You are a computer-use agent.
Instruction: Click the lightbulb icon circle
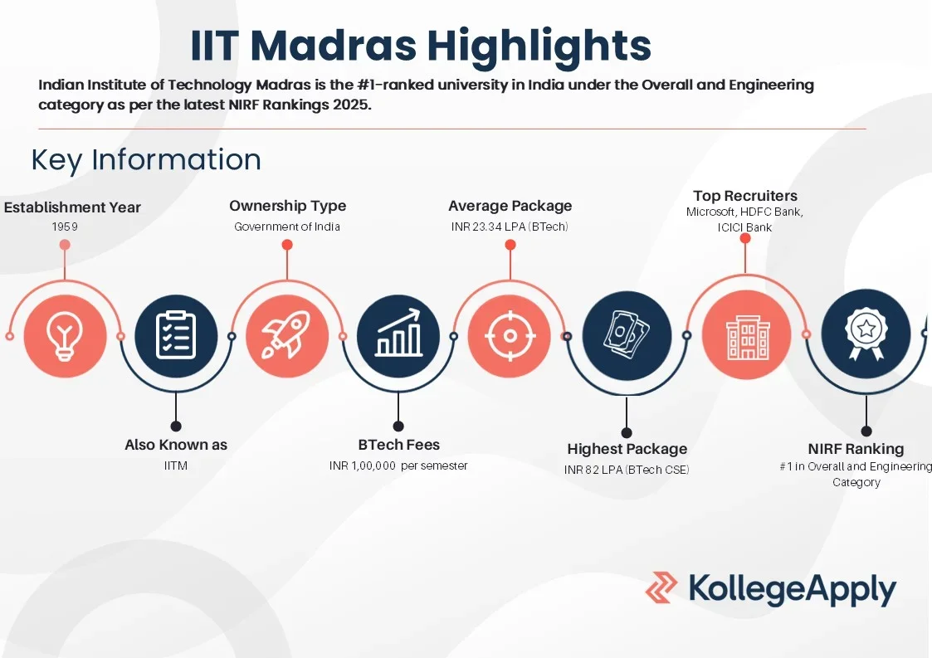[65, 336]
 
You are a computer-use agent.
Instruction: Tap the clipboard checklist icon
[176, 336]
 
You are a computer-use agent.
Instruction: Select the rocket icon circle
[287, 336]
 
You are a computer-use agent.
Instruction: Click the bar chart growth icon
[398, 336]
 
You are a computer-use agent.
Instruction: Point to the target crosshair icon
[510, 336]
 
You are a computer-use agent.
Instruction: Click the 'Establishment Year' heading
[72, 207]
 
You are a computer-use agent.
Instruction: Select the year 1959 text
[65, 227]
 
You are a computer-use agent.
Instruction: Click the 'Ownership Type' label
[287, 206]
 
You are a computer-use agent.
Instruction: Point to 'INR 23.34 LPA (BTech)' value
[510, 227]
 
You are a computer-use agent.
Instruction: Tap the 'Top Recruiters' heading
[744, 196]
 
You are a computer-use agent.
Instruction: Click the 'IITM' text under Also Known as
[176, 465]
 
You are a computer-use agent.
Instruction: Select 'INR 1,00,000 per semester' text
[398, 465]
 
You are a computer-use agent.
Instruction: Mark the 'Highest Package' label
[627, 449]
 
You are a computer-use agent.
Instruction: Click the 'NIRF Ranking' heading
[856, 449]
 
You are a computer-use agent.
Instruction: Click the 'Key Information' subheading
[146, 159]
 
